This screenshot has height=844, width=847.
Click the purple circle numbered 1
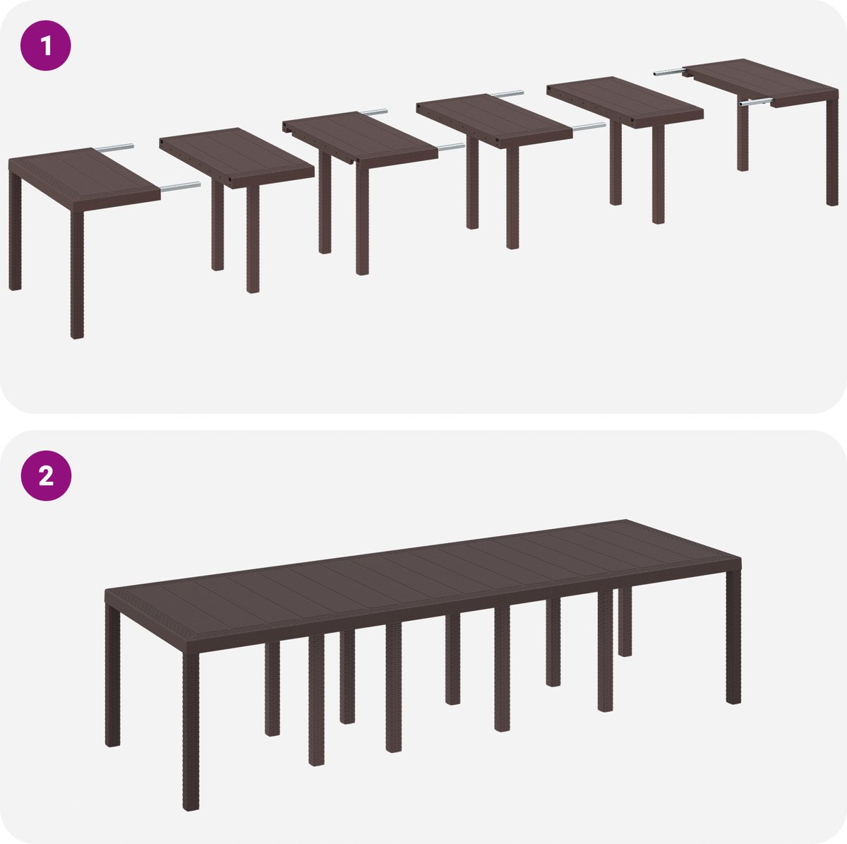[x=46, y=45]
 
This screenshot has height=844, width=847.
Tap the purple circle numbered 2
[x=46, y=475]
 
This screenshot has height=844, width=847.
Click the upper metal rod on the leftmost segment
[x=115, y=148]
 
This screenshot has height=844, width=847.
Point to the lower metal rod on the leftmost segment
[x=180, y=186]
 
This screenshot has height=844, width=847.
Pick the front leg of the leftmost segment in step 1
[x=77, y=275]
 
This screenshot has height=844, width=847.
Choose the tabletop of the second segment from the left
[x=237, y=158]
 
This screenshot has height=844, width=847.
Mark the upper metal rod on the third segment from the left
[x=374, y=112]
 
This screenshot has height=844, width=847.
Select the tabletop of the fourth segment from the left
[x=495, y=120]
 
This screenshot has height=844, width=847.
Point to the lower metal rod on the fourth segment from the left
[x=589, y=126]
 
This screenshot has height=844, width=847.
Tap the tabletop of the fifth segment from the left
[x=625, y=102]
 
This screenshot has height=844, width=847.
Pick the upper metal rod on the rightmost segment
[x=669, y=73]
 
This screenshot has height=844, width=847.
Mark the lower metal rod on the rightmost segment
[x=755, y=103]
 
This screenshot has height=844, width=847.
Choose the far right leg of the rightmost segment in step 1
[x=832, y=152]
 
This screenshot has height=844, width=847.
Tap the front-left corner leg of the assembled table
[x=191, y=730]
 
